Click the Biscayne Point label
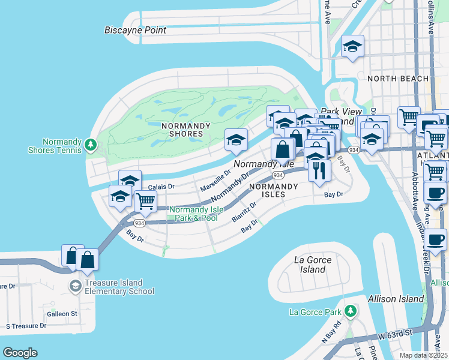click(135, 30)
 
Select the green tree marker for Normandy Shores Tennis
click(91, 144)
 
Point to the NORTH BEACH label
click(398, 79)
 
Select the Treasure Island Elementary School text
click(114, 287)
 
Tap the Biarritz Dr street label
click(244, 212)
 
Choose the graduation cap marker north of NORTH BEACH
click(352, 46)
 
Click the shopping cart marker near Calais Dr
click(145, 202)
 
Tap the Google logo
click(20, 353)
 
